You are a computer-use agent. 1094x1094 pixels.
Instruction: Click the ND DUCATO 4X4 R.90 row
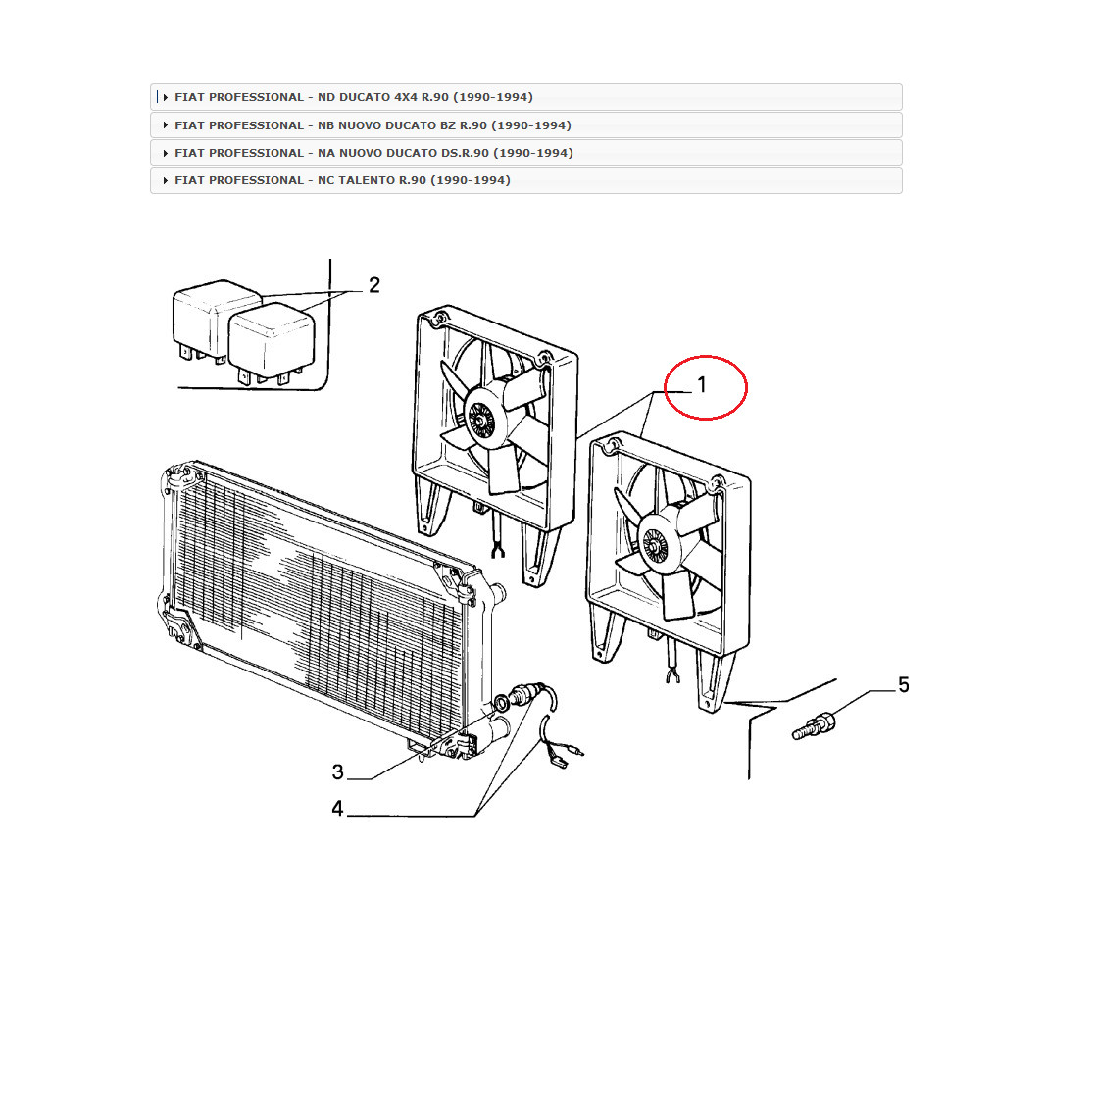pos(526,97)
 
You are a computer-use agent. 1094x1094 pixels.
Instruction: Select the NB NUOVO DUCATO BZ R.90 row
pos(526,125)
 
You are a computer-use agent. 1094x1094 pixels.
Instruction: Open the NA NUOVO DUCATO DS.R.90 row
pos(526,153)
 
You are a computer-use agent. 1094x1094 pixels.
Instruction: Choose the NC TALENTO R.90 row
pos(526,180)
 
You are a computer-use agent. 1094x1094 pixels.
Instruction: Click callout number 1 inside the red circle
pos(702,384)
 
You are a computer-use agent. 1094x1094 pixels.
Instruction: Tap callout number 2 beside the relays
pos(373,284)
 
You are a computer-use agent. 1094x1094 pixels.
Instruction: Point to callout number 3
pos(337,771)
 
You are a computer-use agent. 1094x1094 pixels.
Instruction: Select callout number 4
pos(337,808)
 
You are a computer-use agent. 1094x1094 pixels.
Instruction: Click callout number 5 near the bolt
pos(904,684)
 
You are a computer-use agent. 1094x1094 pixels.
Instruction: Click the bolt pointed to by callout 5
pos(814,725)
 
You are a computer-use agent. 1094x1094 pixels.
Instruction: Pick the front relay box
pos(272,345)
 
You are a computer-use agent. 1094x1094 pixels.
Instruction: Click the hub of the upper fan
pos(480,419)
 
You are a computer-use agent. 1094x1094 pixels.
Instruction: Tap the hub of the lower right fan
pos(655,544)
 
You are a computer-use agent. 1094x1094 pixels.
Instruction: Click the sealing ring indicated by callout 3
pos(501,703)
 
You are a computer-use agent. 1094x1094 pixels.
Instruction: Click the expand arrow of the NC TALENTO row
pos(166,180)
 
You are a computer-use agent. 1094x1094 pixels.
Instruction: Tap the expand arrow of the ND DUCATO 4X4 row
pos(166,98)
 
